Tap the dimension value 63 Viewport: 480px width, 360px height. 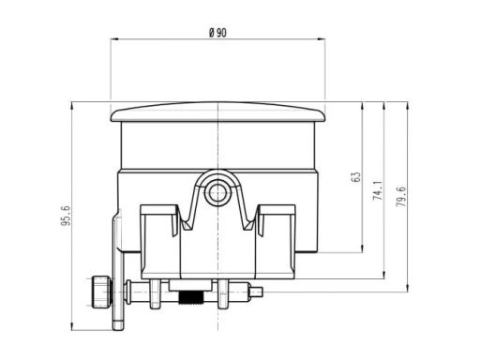click(355, 177)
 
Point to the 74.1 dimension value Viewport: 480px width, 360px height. click(377, 192)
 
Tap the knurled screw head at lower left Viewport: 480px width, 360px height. click(98, 292)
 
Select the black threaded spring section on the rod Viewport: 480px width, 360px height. click(190, 299)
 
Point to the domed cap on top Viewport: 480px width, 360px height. click(217, 112)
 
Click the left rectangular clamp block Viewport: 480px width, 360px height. click(160, 230)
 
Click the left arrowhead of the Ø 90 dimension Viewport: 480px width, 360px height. click(115, 39)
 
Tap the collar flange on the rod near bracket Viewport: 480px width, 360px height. click(131, 292)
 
